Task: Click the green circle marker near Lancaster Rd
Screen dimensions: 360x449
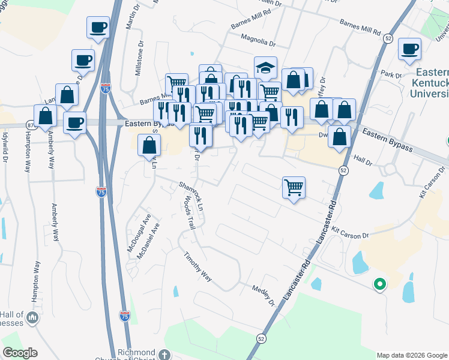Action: (x=379, y=284)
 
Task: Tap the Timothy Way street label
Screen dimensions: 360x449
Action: (x=198, y=266)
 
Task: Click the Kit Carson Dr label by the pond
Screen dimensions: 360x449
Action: (x=349, y=232)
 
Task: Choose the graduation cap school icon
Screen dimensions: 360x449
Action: (x=265, y=67)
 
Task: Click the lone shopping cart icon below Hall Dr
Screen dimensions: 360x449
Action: (x=294, y=187)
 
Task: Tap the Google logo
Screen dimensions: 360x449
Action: (x=20, y=353)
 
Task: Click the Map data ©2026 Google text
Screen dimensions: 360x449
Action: (x=412, y=355)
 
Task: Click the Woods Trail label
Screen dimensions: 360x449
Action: (x=190, y=214)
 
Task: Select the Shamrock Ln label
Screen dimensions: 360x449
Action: (x=193, y=196)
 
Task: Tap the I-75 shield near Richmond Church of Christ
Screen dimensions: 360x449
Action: (x=124, y=315)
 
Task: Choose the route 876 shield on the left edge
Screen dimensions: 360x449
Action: (x=29, y=124)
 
